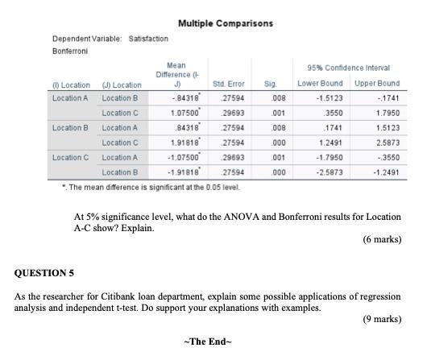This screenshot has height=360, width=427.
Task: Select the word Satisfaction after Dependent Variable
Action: [149, 39]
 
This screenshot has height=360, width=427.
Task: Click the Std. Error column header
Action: [228, 83]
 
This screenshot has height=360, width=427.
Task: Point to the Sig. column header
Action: [270, 83]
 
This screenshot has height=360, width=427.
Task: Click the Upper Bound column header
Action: [376, 83]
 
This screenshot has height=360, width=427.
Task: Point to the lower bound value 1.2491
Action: [317, 143]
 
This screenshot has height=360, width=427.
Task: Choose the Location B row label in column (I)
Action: [69, 127]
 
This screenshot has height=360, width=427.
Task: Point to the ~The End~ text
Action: [207, 342]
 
